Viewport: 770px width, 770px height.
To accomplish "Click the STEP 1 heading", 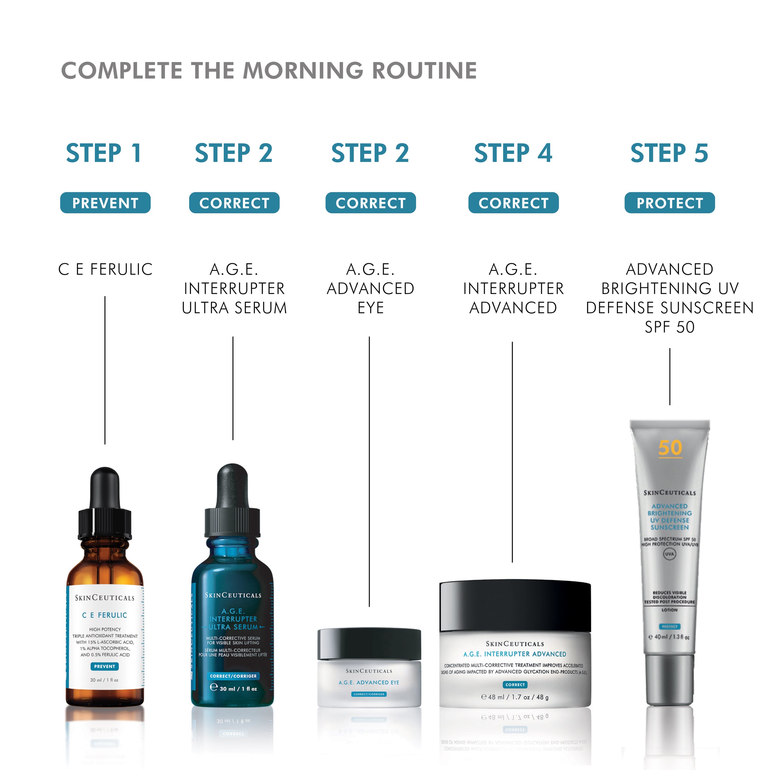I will (104, 153).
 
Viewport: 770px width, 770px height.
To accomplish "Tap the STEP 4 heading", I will (513, 153).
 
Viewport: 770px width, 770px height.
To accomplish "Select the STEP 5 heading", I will (669, 153).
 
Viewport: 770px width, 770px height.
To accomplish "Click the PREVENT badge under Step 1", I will (105, 203).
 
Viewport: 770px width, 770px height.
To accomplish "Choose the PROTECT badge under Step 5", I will (670, 203).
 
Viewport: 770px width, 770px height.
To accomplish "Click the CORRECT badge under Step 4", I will (513, 203).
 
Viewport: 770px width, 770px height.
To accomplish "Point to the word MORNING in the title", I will (303, 71).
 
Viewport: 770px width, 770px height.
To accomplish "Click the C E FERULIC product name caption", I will (105, 269).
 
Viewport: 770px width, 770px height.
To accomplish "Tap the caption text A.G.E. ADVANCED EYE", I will (370, 288).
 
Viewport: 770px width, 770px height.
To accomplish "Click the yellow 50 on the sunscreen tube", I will (670, 448).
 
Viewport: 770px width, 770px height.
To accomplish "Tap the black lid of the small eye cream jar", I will (369, 644).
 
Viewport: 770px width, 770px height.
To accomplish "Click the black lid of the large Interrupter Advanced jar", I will (515, 606).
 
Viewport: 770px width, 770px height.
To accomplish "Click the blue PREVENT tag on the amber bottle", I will (104, 666).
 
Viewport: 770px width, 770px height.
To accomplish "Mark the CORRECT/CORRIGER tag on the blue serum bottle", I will (233, 676).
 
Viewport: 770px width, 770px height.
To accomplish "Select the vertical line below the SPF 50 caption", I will (670, 377).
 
